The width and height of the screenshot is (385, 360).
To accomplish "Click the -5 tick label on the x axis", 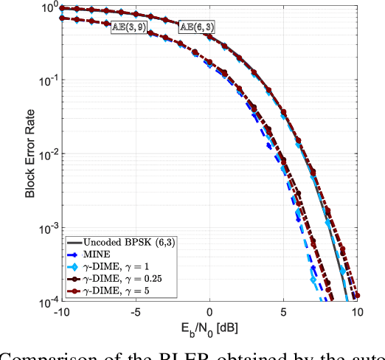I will coord(136,312).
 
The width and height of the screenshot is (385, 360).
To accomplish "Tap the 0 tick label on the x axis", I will coord(210,312).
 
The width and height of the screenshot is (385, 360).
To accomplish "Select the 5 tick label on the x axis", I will coord(283,312).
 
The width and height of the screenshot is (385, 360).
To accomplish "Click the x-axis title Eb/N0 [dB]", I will coord(210,328).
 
